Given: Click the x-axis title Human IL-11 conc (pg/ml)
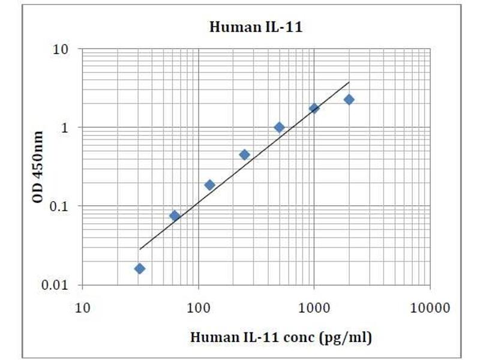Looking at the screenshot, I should [281, 337].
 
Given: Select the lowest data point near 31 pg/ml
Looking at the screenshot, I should [140, 268].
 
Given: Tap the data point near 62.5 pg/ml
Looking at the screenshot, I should [175, 215].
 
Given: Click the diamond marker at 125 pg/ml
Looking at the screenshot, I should [209, 185].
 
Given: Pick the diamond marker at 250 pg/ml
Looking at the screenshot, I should [244, 155].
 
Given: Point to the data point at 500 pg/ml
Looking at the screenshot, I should [279, 127].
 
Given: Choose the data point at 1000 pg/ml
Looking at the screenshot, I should [314, 108].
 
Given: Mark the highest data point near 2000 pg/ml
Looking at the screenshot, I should [349, 100].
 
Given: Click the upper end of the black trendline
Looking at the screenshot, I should [349, 82].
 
